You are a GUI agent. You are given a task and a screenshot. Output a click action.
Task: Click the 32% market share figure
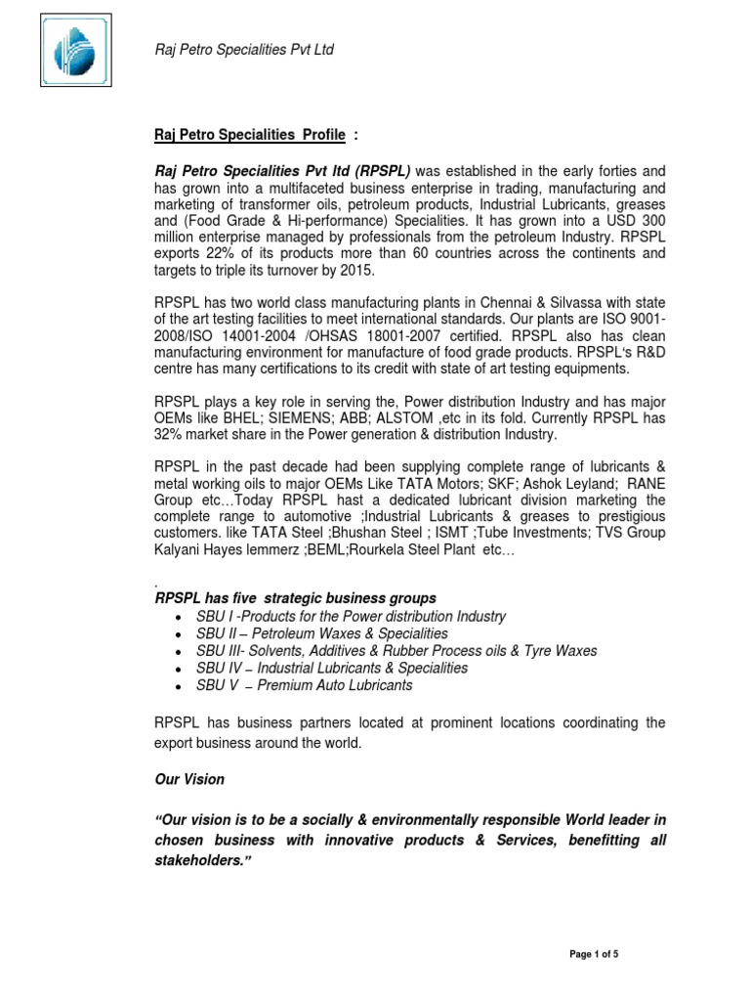click(172, 434)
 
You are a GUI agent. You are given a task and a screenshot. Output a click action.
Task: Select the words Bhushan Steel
click(374, 533)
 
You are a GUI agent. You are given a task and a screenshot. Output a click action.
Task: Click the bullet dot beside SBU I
click(174, 618)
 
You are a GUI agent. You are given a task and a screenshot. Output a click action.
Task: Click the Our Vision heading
click(189, 779)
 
